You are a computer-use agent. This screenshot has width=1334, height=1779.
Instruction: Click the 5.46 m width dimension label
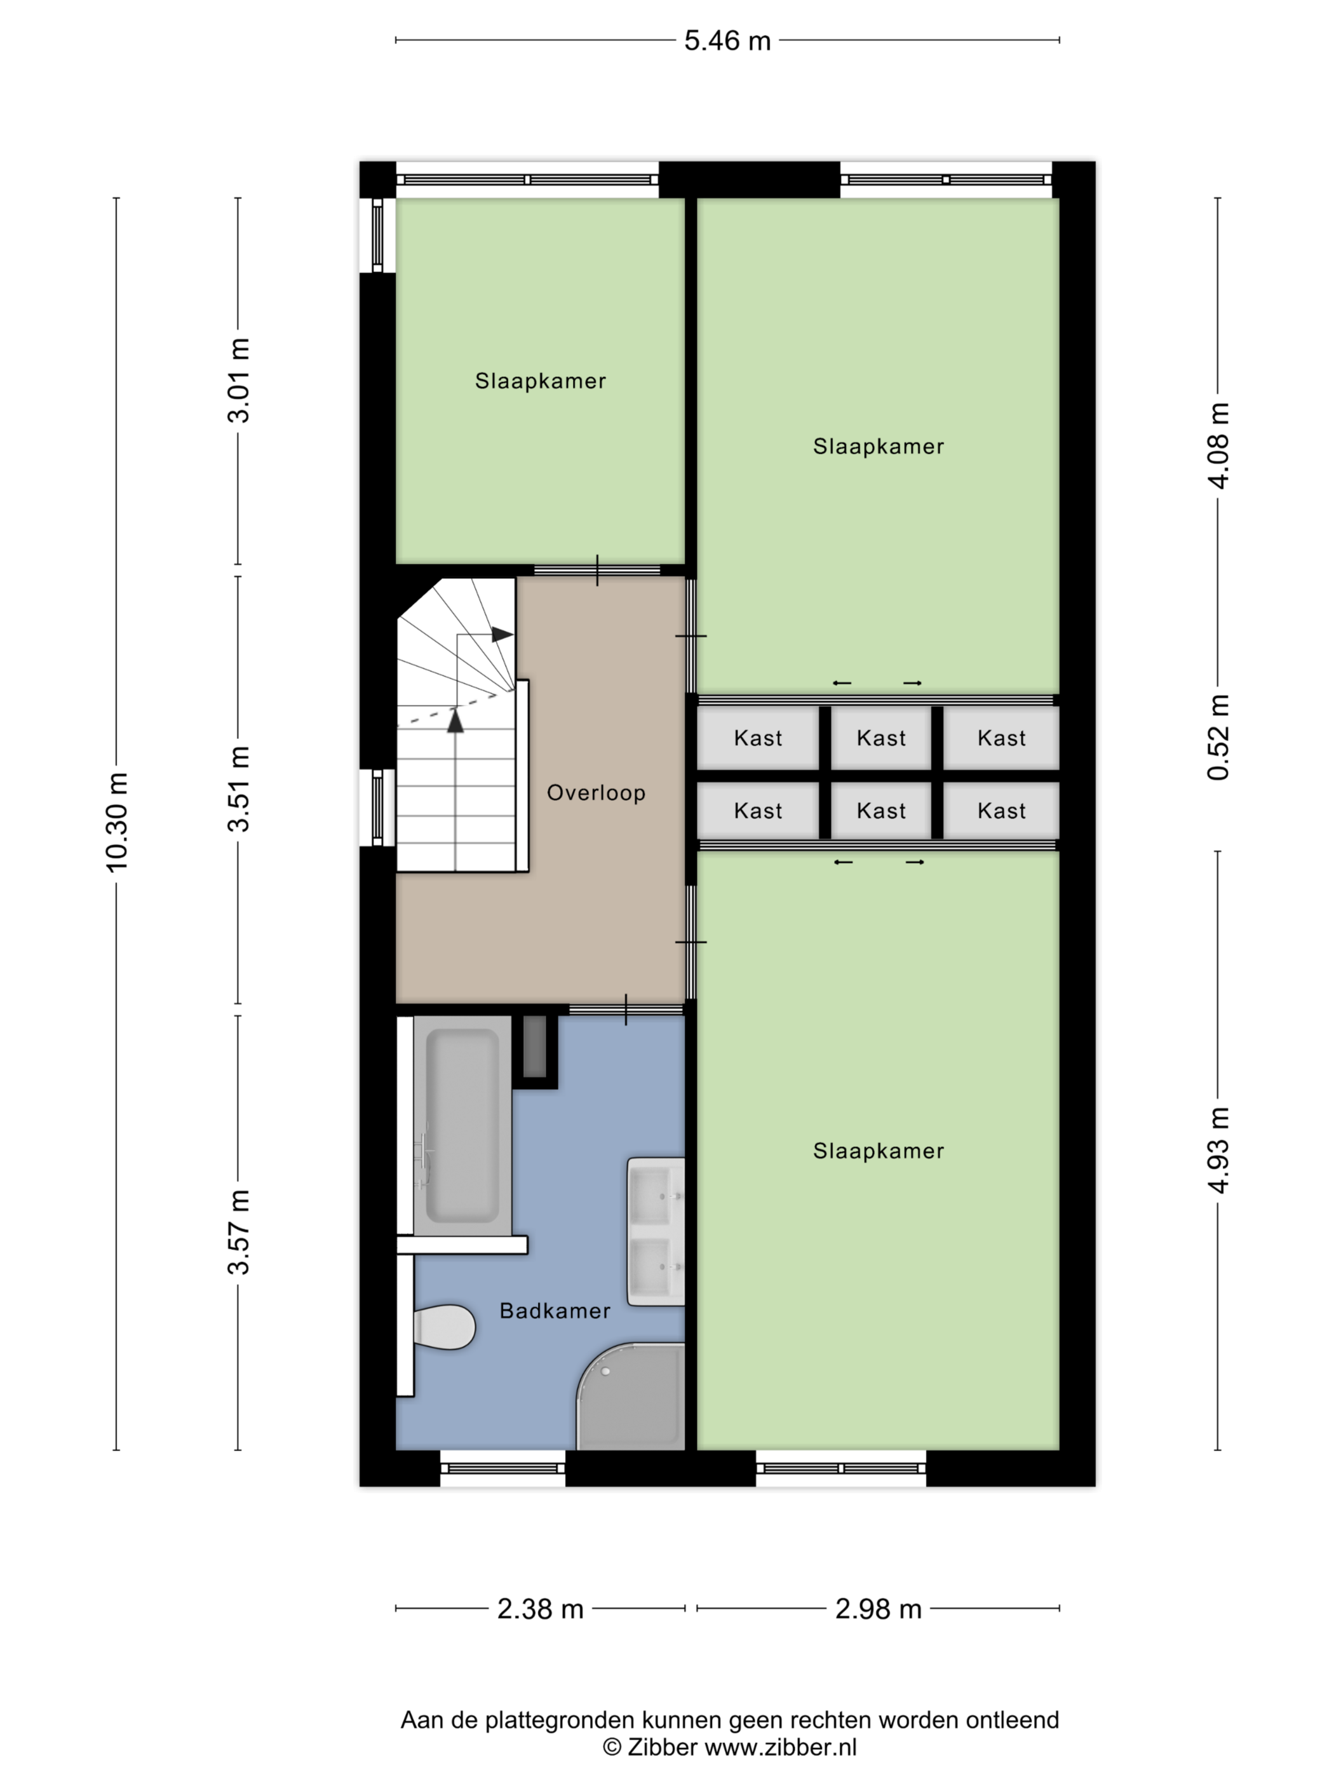pyautogui.click(x=727, y=40)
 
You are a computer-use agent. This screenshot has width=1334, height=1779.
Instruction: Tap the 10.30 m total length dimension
pyautogui.click(x=117, y=822)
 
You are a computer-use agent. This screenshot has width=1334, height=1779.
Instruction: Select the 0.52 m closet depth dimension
pyautogui.click(x=1218, y=736)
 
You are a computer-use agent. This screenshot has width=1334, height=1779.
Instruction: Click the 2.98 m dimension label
pyautogui.click(x=878, y=1609)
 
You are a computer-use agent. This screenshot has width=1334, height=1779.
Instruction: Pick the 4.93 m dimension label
pyautogui.click(x=1218, y=1150)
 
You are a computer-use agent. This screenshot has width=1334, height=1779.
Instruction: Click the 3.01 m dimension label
pyautogui.click(x=239, y=381)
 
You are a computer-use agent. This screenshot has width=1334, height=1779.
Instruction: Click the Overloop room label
pyautogui.click(x=596, y=793)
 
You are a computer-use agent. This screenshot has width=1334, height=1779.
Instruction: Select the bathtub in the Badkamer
pyautogui.click(x=462, y=1126)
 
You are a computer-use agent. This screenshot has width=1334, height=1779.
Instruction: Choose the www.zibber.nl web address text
pyautogui.click(x=780, y=1747)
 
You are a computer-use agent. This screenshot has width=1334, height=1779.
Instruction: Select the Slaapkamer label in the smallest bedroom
pyautogui.click(x=541, y=381)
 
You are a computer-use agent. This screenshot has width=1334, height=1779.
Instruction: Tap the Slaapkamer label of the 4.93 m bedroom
pyautogui.click(x=878, y=1151)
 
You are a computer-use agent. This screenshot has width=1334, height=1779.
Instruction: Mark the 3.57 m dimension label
pyautogui.click(x=239, y=1231)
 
